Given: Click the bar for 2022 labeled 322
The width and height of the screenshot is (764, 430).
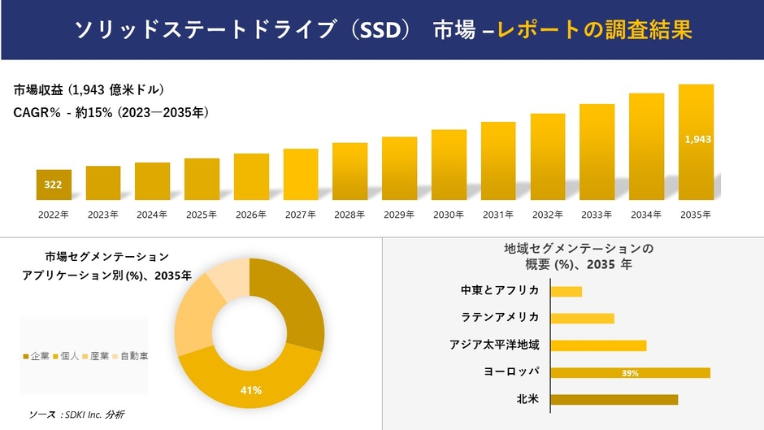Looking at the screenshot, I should pos(54,185).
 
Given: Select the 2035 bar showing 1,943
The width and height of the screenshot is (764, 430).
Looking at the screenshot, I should pos(697,141).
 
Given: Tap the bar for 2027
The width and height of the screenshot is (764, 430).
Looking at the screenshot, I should pos(301,174).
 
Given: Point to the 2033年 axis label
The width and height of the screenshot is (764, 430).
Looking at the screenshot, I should pos(597,215).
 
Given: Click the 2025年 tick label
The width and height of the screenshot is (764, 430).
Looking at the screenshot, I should pos(202,215).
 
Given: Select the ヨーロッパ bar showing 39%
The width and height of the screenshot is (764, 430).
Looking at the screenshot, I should pos(630,373).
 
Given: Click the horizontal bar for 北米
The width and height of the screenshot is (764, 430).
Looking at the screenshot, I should pos(614,399).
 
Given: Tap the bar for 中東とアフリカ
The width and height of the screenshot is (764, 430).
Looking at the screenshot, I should pos(566,291).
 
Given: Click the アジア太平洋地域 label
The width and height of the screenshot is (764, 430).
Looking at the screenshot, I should pos(494,345).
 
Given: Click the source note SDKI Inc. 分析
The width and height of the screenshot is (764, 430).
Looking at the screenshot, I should pos(76,415).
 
